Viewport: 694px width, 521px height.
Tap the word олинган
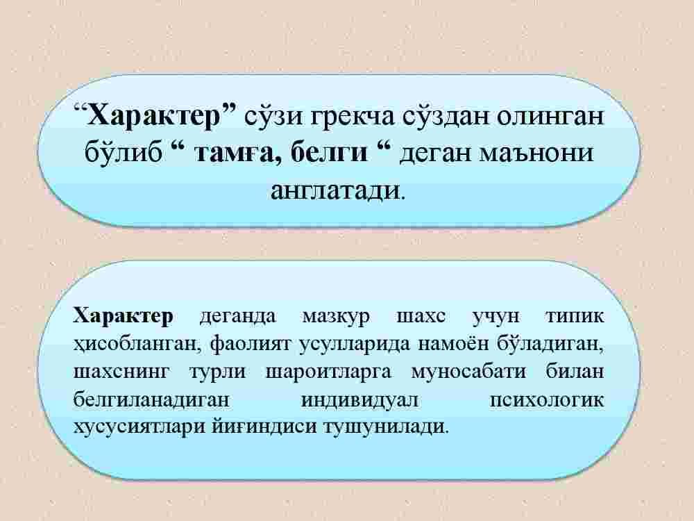550,117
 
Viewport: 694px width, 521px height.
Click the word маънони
537,153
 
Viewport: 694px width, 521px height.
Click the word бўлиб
123,152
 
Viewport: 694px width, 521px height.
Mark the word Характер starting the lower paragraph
123,316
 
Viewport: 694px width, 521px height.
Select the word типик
575,316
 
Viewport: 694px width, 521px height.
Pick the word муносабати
468,371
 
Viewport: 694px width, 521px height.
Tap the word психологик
547,400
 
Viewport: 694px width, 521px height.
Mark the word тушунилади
386,427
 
